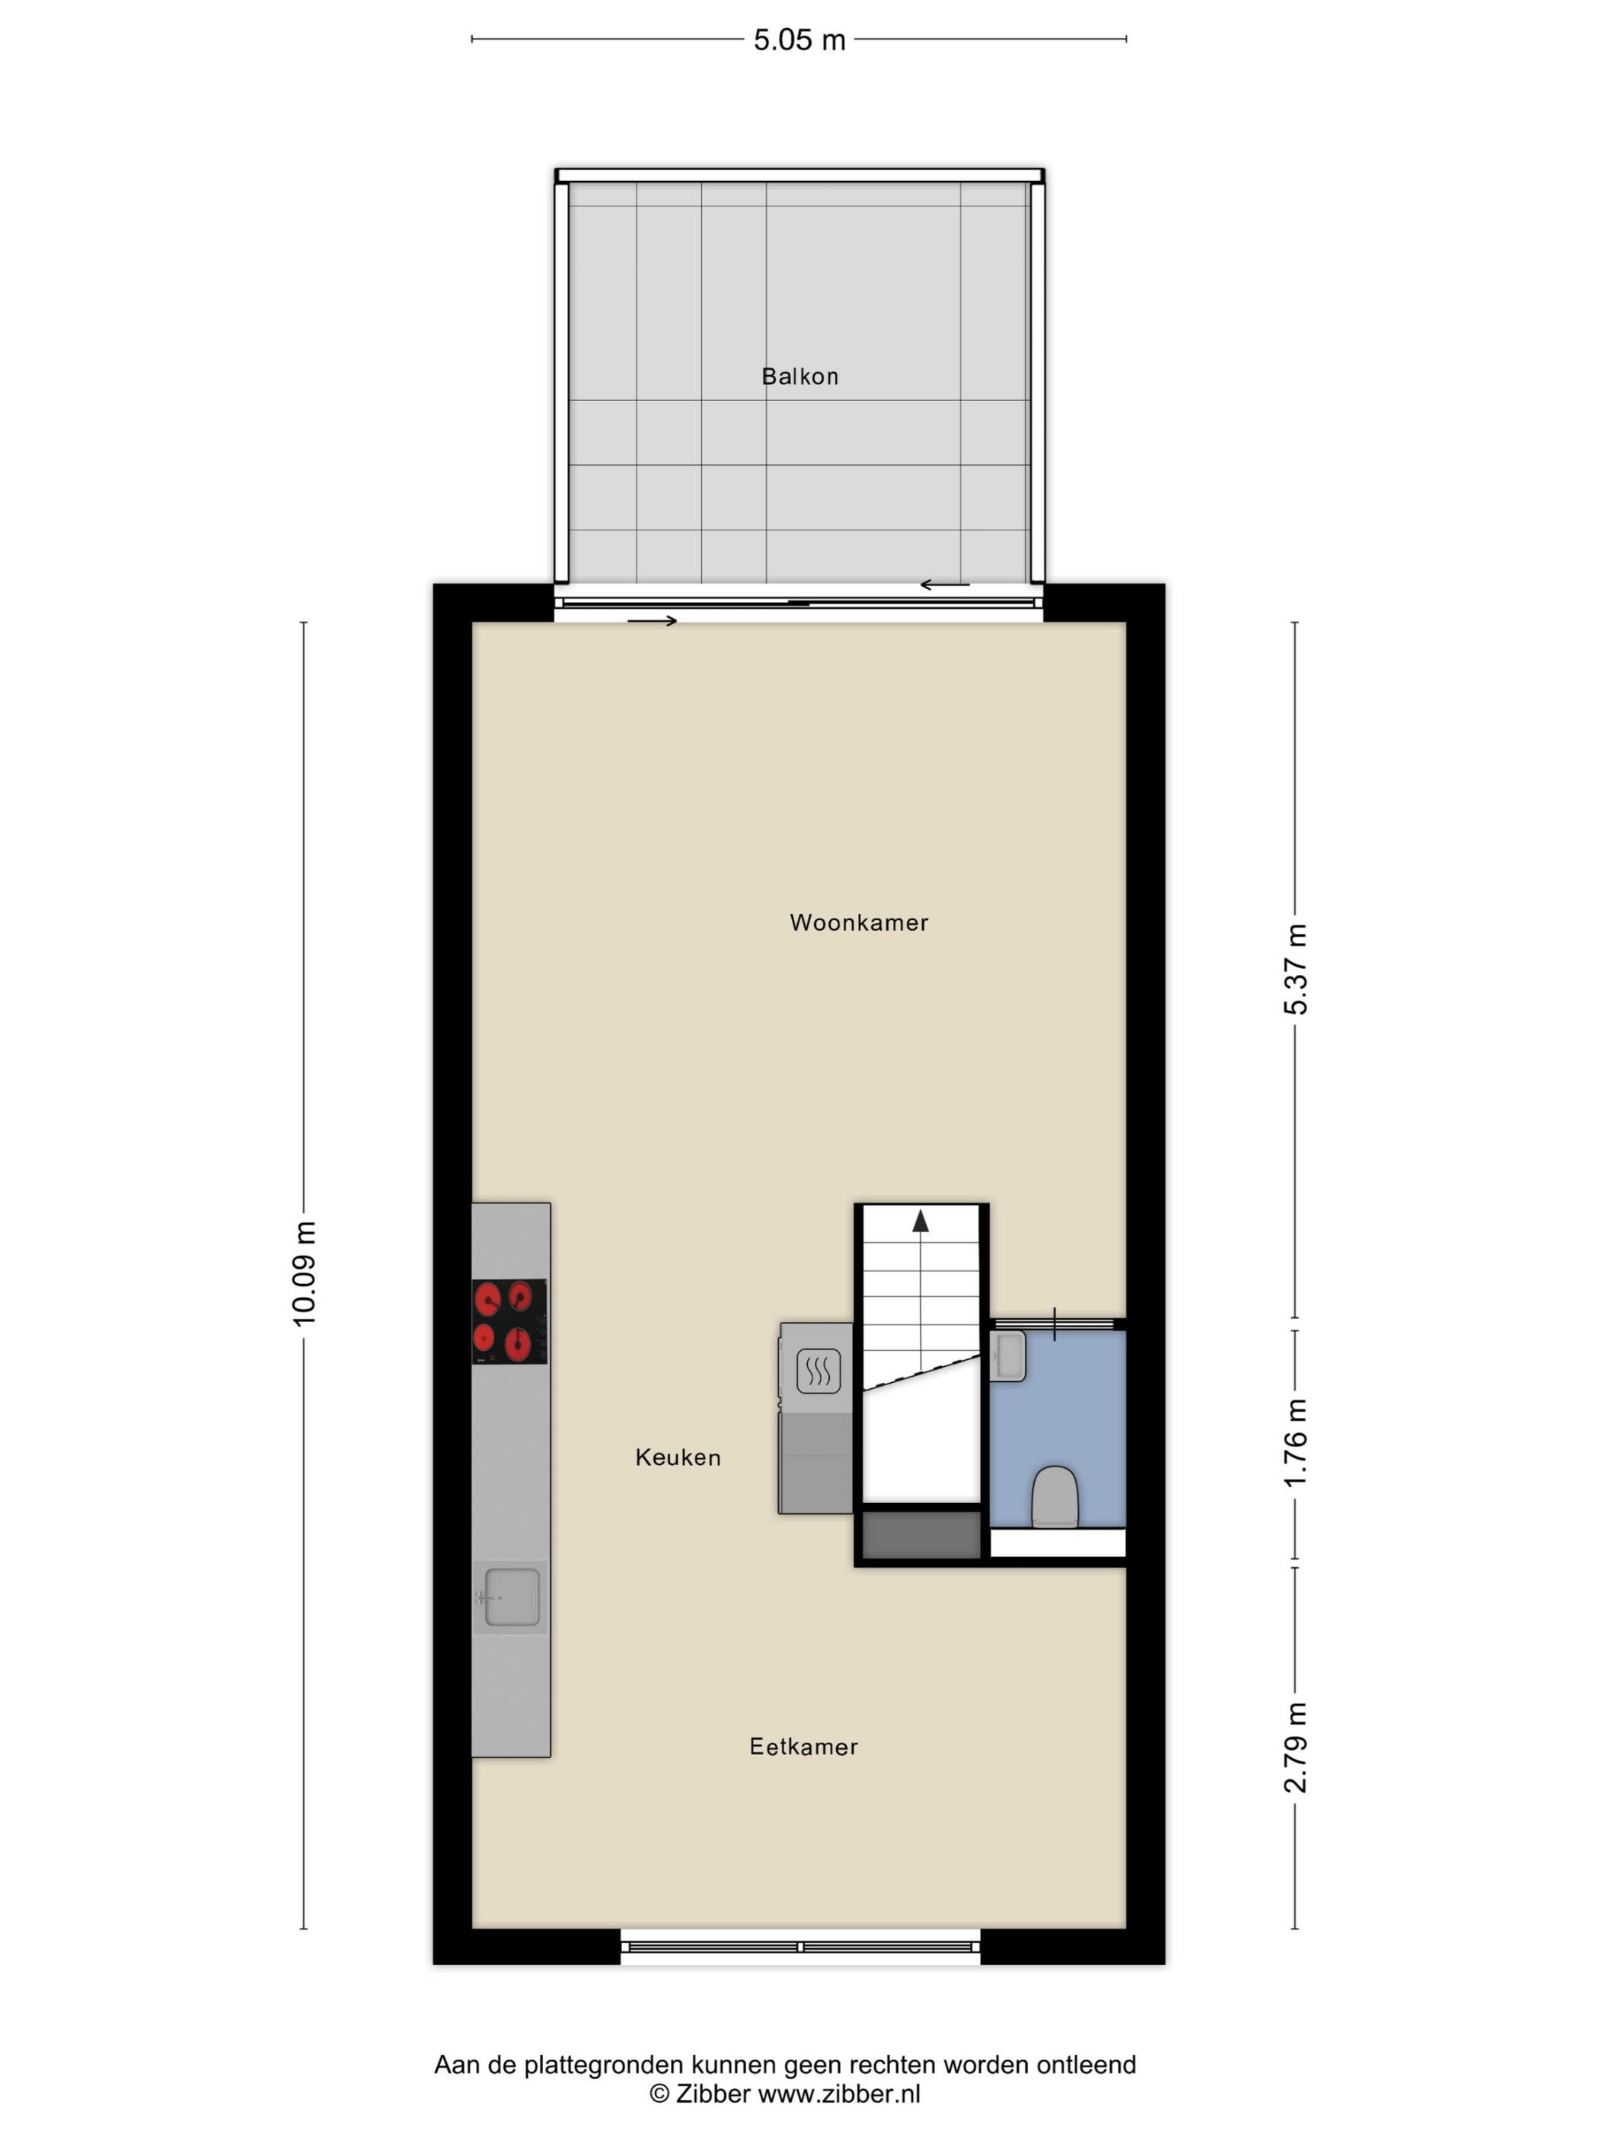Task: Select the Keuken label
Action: pyautogui.click(x=678, y=1457)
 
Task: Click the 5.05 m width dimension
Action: pyautogui.click(x=799, y=40)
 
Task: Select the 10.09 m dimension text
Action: pyautogui.click(x=305, y=1273)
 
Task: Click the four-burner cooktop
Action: pyautogui.click(x=509, y=1320)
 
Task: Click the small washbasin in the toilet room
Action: pyautogui.click(x=1007, y=1355)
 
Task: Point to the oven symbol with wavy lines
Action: pyautogui.click(x=819, y=1370)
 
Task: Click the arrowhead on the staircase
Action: pyautogui.click(x=921, y=1221)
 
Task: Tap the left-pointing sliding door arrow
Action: pyautogui.click(x=945, y=585)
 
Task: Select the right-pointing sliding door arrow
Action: pyautogui.click(x=653, y=621)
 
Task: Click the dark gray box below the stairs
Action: pyautogui.click(x=921, y=1534)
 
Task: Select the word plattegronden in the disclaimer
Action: pyautogui.click(x=605, y=2065)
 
